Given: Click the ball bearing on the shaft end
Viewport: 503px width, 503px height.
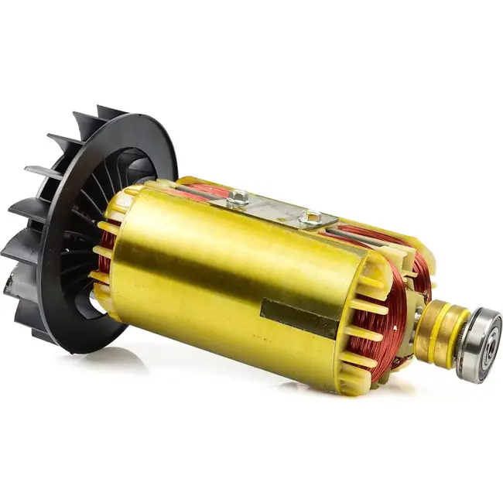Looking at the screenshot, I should [x=478, y=344].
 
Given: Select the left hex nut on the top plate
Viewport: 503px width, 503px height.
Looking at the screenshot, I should [x=238, y=198].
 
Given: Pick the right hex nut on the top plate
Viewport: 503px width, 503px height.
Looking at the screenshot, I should [x=310, y=219].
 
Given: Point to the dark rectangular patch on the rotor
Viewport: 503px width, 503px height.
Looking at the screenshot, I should [x=299, y=317].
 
